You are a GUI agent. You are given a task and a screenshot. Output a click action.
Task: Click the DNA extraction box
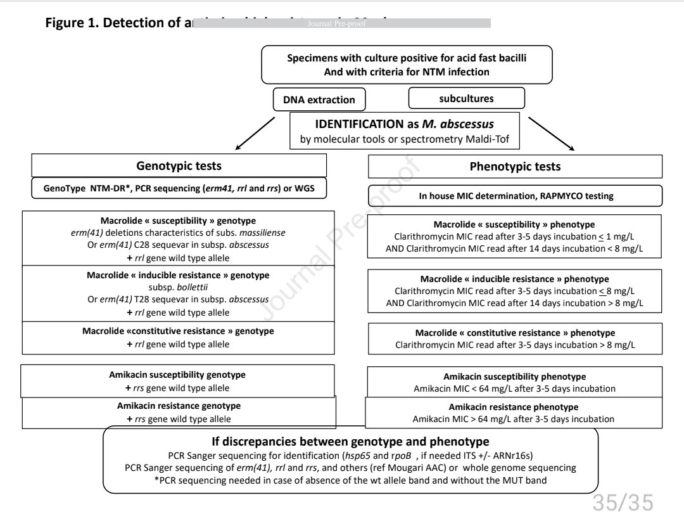[319, 100]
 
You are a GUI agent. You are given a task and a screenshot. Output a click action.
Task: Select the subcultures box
[466, 98]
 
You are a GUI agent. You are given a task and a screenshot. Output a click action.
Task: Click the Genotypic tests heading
[179, 166]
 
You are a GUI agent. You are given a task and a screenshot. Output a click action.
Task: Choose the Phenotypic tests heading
[515, 167]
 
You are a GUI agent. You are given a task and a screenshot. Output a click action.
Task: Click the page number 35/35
[622, 502]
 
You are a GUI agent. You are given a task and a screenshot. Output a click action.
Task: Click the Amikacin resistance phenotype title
[514, 407]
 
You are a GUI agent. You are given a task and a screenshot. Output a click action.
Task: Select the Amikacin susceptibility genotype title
[177, 375]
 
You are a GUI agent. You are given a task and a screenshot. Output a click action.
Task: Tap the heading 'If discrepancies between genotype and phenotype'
[350, 442]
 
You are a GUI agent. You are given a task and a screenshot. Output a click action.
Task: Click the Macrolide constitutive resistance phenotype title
[515, 333]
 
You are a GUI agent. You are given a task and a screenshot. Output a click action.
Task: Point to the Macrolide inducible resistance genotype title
[178, 275]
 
